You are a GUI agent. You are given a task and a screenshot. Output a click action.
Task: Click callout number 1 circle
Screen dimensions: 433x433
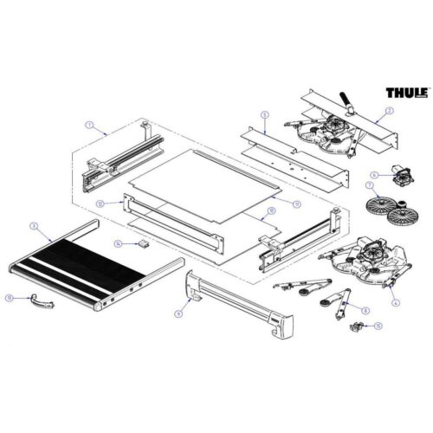tap(88, 126)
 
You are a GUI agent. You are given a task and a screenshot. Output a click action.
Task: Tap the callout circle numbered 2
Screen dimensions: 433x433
tap(391, 110)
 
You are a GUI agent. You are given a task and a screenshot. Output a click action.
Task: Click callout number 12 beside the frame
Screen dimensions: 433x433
tap(100, 203)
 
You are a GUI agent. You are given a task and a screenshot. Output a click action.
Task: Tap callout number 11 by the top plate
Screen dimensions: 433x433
tap(297, 204)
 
